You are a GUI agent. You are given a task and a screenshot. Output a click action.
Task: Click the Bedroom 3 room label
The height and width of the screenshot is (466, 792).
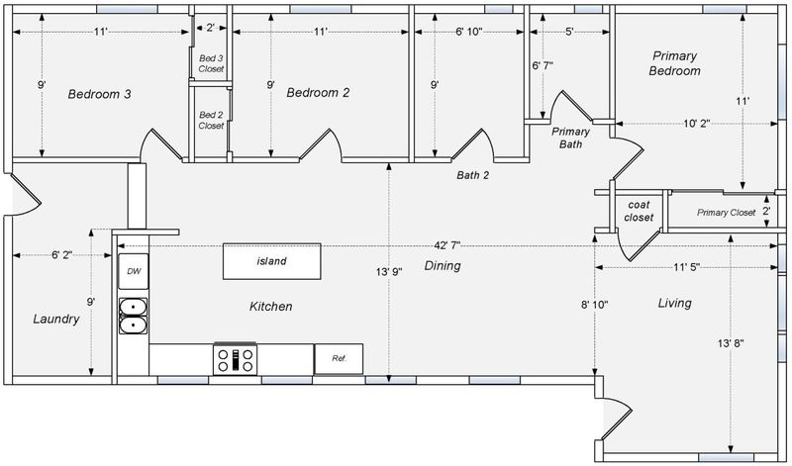100,94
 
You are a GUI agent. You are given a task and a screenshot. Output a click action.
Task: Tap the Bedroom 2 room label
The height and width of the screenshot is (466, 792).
318,92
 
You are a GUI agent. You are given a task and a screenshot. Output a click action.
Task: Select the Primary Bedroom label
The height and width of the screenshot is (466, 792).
674,63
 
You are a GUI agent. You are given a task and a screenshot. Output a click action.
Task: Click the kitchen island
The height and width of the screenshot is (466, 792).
271,261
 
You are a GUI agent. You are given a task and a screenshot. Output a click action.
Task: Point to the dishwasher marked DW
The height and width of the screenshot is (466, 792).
134,271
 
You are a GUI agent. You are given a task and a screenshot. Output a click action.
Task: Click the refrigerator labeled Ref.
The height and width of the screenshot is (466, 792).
339,359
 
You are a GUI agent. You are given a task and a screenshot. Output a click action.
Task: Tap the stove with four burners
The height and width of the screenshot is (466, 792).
235,359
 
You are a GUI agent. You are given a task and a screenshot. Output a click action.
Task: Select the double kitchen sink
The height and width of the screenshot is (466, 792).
134,316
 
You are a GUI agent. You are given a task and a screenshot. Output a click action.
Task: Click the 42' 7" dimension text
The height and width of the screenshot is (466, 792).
446,245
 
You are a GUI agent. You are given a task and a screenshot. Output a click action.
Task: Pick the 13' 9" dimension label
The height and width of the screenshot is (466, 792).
388,272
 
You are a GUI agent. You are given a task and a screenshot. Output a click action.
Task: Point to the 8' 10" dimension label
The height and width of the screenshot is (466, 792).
595,305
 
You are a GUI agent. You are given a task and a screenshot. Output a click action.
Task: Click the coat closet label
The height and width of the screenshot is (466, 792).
639,211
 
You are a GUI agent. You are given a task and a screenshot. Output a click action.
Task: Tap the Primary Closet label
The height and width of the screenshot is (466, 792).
727,213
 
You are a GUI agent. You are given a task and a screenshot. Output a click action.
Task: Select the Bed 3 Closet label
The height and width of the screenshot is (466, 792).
211,63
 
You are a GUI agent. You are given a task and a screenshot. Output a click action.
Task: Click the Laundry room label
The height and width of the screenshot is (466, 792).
56,320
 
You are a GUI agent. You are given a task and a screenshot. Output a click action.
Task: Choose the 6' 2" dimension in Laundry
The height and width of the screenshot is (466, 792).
61,255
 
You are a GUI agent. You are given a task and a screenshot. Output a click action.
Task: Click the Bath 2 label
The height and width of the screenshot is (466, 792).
473,175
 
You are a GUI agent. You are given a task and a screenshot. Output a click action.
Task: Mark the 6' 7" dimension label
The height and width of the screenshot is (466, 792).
543,65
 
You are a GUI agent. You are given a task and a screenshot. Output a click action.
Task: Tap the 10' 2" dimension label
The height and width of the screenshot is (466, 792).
697,124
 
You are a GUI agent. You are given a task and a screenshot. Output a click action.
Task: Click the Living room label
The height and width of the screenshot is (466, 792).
675,303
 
